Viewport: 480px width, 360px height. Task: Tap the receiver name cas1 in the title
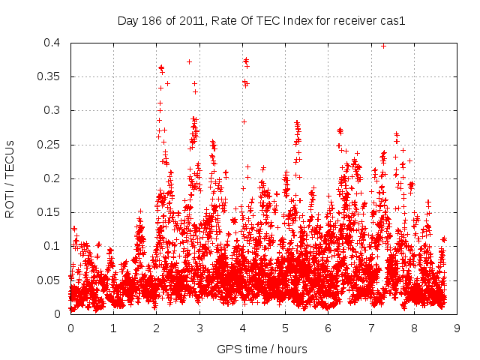click(x=391, y=21)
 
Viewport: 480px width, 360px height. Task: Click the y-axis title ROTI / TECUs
click(x=10, y=178)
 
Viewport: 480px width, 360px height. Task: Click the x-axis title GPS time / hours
click(x=262, y=349)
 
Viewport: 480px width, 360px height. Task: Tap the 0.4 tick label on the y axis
click(x=52, y=43)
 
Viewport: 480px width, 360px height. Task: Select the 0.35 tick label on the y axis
click(x=49, y=76)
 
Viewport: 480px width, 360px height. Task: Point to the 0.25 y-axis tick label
click(x=49, y=144)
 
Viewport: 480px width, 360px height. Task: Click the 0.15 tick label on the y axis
click(x=49, y=212)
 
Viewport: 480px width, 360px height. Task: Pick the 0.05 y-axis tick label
click(x=49, y=280)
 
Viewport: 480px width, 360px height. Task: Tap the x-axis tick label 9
click(x=456, y=328)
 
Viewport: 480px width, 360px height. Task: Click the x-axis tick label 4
click(x=241, y=328)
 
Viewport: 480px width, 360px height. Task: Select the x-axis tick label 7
click(x=370, y=328)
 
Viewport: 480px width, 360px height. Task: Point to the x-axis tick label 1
click(x=113, y=328)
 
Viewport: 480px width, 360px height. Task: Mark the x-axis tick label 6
click(x=328, y=328)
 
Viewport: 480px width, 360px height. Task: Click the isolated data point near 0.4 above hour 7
click(x=383, y=46)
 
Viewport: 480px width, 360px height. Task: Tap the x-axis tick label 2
click(x=156, y=328)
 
